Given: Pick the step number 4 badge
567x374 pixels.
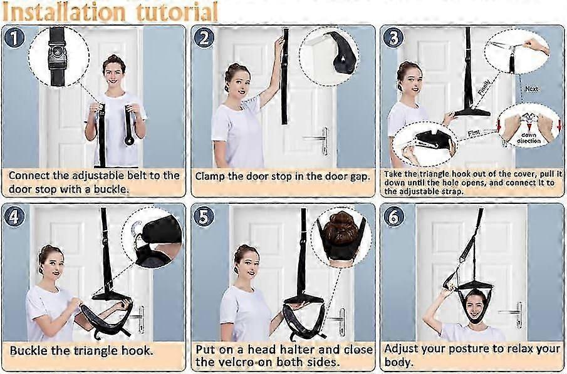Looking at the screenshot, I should pyautogui.click(x=16, y=216).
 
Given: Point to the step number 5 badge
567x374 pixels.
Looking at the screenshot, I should pyautogui.click(x=204, y=216).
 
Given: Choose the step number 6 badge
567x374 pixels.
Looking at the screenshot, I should pyautogui.click(x=393, y=216).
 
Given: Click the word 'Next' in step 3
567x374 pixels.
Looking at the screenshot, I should pyautogui.click(x=531, y=89).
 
